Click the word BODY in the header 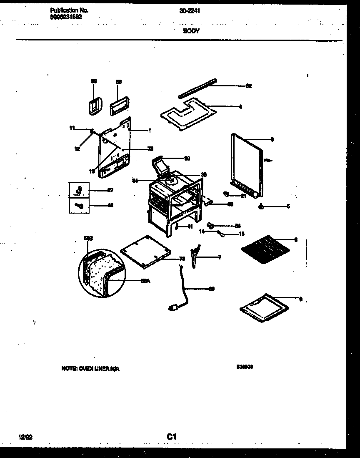coord(191,31)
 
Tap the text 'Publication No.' coord(69,10)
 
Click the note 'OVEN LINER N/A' coord(90,369)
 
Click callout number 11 coord(72,128)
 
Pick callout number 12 coord(77,148)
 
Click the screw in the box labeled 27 coord(79,191)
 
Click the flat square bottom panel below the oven coord(145,252)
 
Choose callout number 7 coord(219,257)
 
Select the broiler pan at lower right coord(264,308)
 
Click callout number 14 coord(202,232)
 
